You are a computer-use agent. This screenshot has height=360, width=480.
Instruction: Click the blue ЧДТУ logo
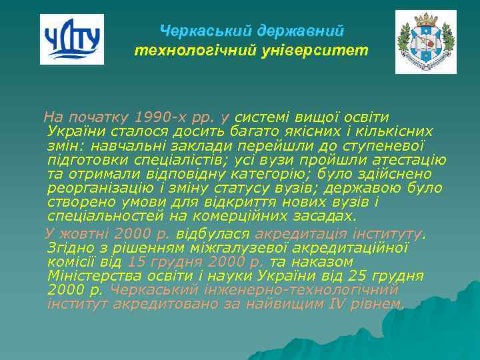72,39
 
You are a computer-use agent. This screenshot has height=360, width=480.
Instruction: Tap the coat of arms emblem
425,42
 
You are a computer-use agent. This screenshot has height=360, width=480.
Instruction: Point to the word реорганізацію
93,188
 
